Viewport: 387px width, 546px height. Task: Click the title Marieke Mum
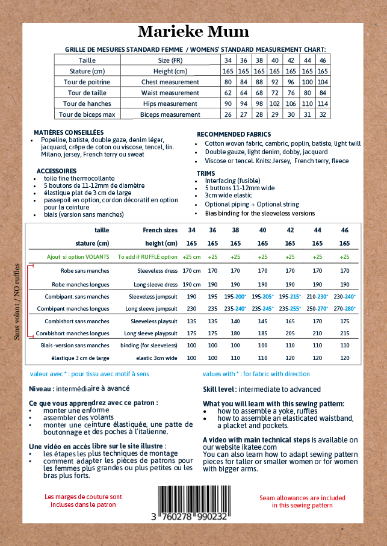[x=193, y=32]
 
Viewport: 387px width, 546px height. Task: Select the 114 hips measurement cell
[x=323, y=104]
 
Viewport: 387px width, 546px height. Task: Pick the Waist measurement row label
[x=170, y=93]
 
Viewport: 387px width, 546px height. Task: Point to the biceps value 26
[x=228, y=114]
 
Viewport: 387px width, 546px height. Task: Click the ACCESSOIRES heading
[x=56, y=171]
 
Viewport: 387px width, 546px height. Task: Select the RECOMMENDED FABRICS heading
[x=234, y=134]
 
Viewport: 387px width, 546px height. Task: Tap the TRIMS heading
[x=205, y=173]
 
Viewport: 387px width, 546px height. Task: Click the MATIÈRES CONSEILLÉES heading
[x=69, y=132]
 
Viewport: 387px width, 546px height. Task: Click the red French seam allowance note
[x=83, y=501]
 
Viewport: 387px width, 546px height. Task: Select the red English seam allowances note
[x=302, y=501]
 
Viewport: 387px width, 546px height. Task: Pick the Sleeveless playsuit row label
[x=151, y=321]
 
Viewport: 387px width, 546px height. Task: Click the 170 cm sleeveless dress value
[x=191, y=270]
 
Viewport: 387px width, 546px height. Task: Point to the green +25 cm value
[x=191, y=257]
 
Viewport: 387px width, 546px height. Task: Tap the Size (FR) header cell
[x=170, y=60]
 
